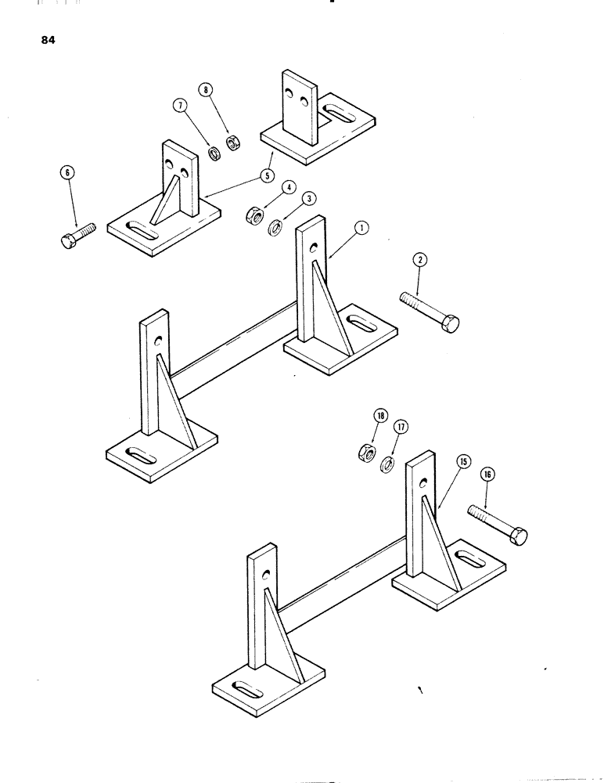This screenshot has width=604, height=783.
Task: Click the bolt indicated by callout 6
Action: tap(77, 234)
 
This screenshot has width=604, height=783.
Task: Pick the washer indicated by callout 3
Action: tap(276, 229)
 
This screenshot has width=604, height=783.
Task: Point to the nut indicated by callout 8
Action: tap(232, 143)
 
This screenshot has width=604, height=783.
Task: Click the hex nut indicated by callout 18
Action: tap(365, 452)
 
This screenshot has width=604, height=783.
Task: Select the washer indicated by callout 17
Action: tap(386, 466)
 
